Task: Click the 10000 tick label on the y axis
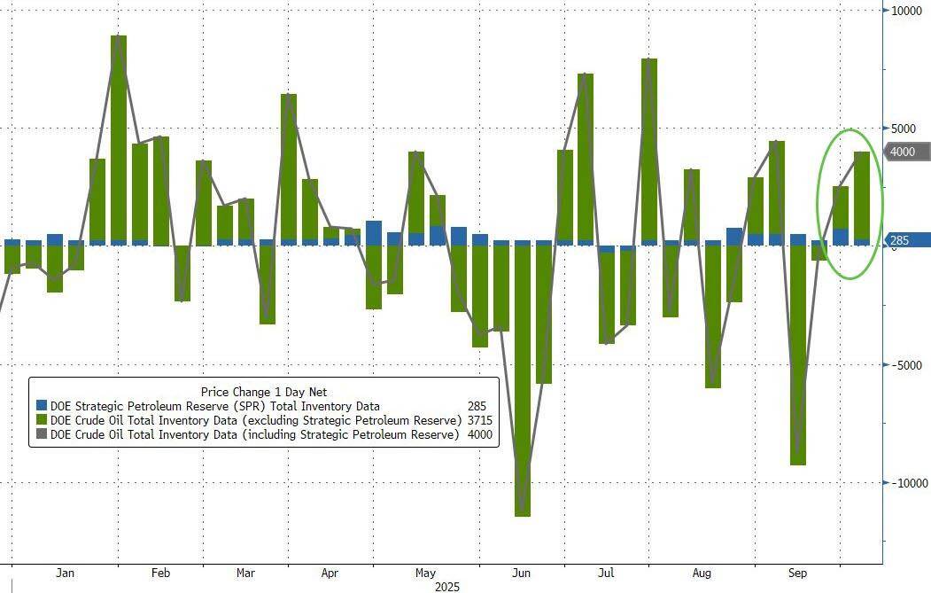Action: point(906,11)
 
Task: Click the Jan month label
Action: point(66,573)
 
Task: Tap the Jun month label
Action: point(522,573)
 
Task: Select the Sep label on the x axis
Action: point(797,573)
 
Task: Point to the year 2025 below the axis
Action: point(447,587)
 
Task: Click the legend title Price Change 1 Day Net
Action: point(264,392)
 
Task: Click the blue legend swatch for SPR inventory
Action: point(42,406)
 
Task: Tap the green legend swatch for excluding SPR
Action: point(42,420)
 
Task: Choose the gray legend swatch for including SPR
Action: point(42,434)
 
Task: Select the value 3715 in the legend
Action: point(480,420)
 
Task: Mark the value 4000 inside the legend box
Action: point(480,434)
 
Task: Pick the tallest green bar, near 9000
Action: point(119,138)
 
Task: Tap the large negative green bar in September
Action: point(798,355)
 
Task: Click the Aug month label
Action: point(702,573)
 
